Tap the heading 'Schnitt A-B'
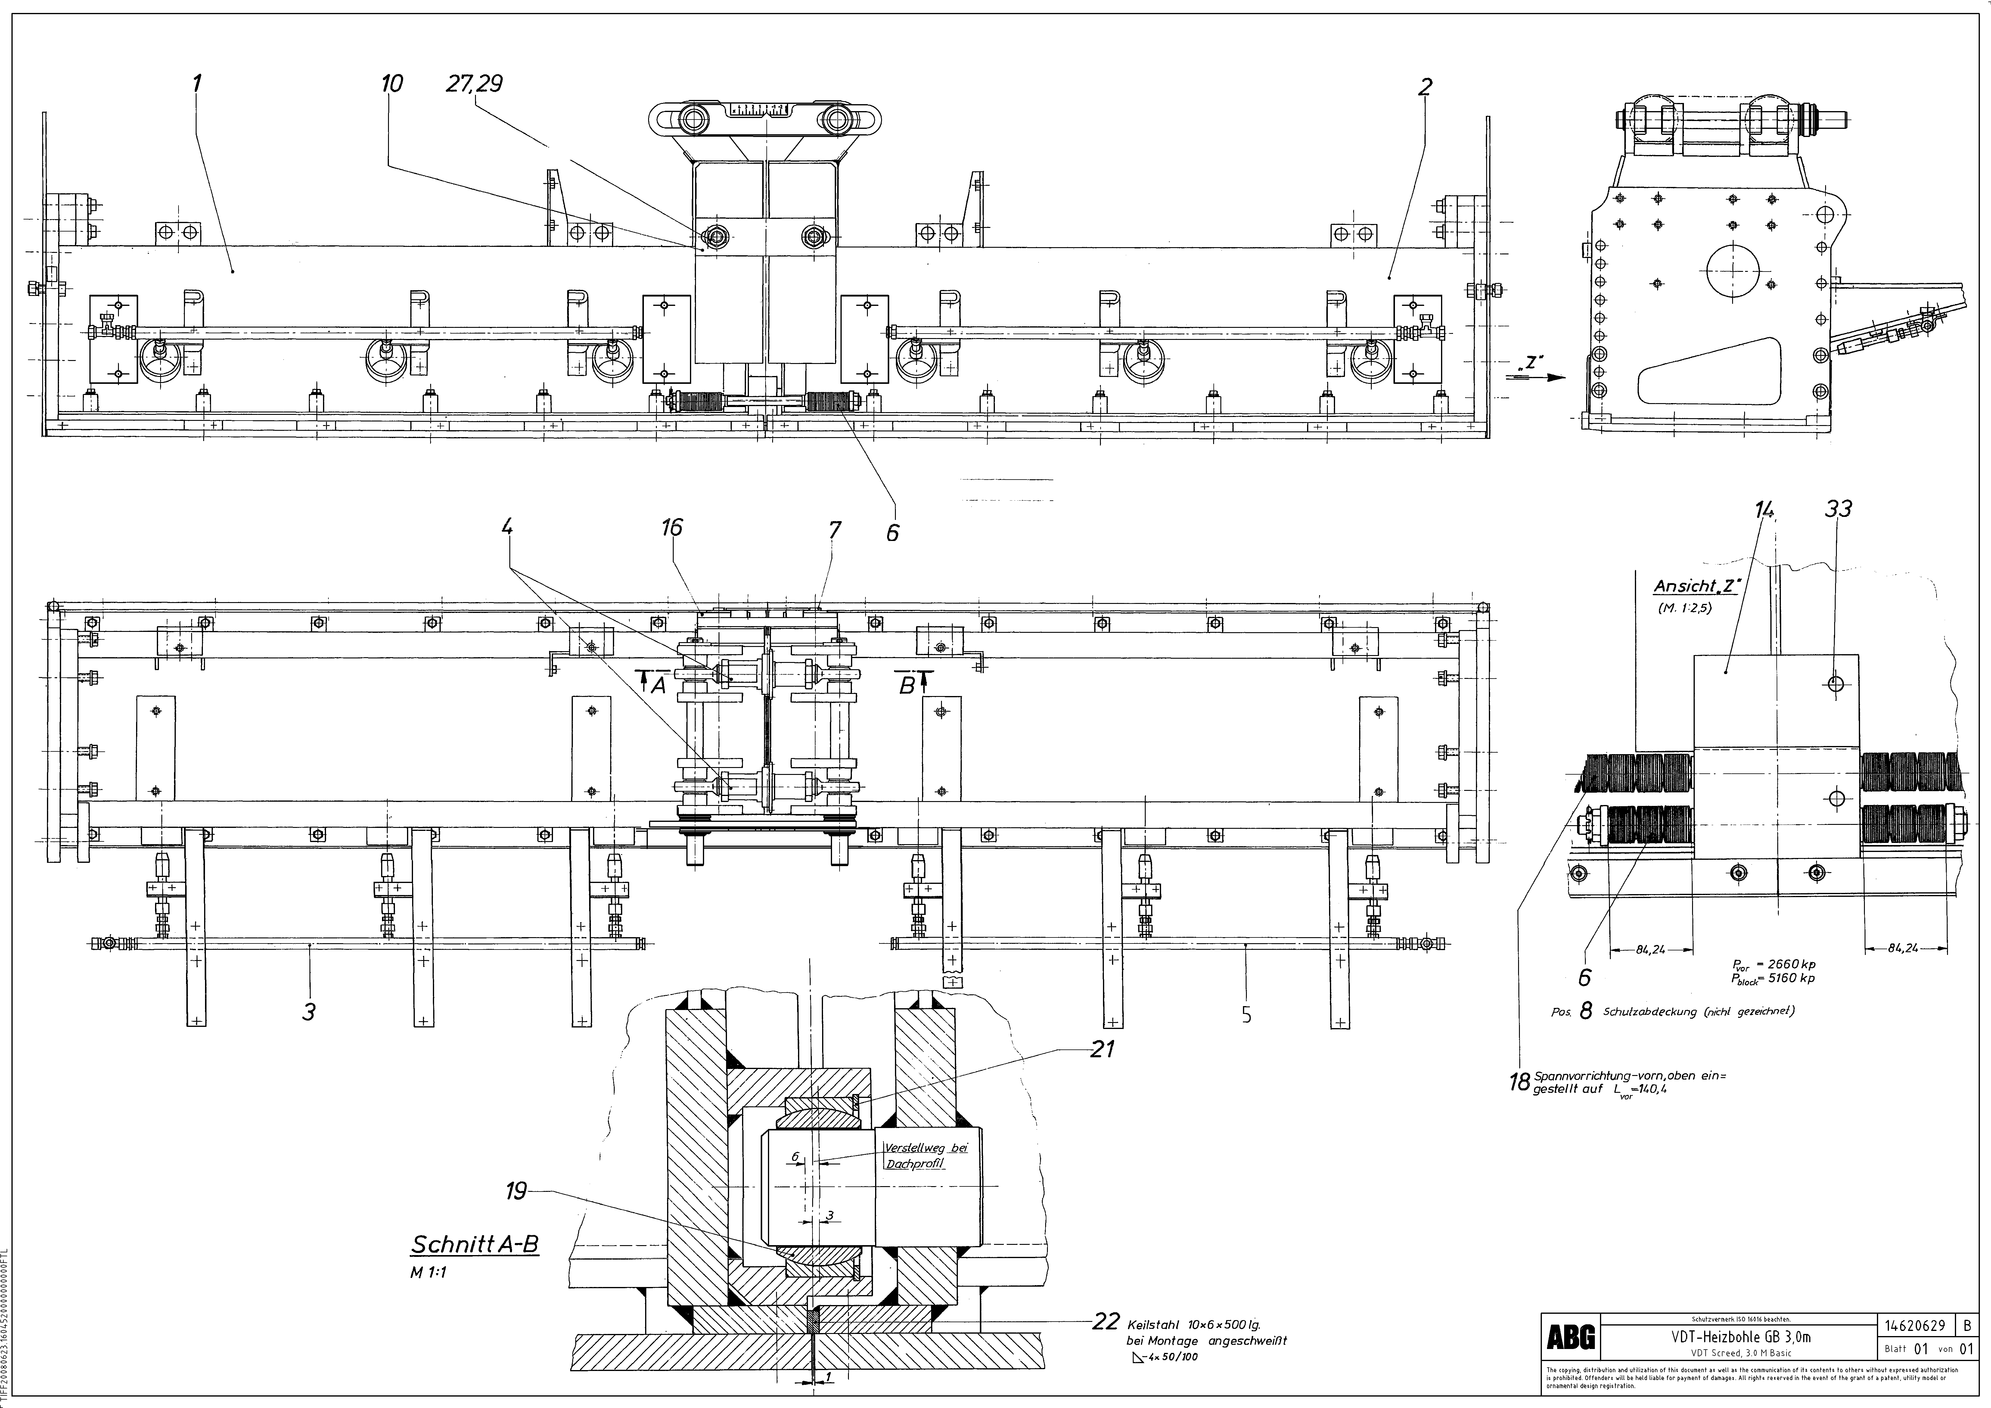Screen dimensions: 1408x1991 click(474, 1244)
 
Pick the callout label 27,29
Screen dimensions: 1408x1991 click(474, 84)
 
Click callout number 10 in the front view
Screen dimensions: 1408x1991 click(392, 84)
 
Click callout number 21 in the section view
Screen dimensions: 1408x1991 click(1102, 1049)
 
